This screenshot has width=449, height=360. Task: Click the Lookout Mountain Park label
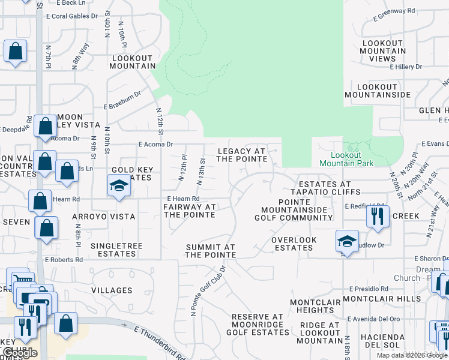coord(346,159)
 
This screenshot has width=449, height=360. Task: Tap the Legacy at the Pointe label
coord(241,155)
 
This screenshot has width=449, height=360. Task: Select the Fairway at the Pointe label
coord(189,211)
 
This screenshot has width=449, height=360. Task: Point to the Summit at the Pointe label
coord(210,251)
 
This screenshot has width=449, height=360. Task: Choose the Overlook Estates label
coord(294,244)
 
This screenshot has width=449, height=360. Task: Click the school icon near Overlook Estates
coord(346,241)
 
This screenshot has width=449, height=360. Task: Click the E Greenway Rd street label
coord(394,11)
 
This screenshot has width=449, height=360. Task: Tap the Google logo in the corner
coord(20,353)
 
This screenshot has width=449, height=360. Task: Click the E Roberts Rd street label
coord(64,260)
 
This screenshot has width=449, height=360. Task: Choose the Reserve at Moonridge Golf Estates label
coord(257,325)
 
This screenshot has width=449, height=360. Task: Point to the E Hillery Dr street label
coord(406,67)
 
